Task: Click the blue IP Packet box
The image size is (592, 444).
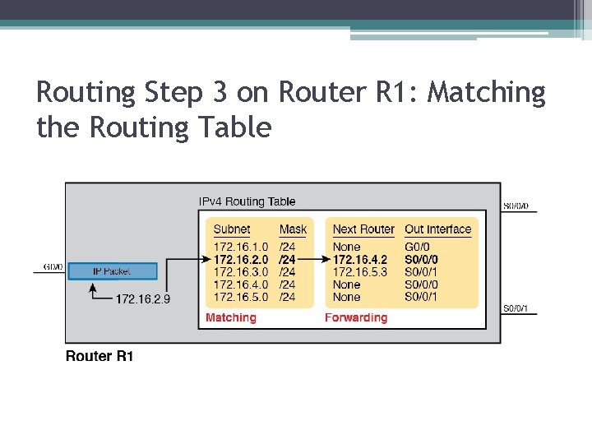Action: [x=111, y=271]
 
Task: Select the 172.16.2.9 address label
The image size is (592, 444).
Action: [x=143, y=298]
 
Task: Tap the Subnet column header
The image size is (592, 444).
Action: [x=232, y=229]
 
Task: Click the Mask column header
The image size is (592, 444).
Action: [x=293, y=229]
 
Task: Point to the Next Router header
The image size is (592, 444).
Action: [x=363, y=229]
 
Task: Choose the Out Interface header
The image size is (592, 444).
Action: [x=438, y=229]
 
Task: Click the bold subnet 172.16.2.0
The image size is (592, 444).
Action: [x=241, y=259]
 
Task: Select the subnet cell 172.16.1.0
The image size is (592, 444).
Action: [x=241, y=247]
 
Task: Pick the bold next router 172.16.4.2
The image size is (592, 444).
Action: [x=360, y=259]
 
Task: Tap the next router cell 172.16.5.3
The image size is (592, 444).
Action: [x=360, y=271]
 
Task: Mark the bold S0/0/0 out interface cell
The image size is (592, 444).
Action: [x=422, y=259]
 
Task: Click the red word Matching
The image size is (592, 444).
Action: [x=231, y=317]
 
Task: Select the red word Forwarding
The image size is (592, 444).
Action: [x=356, y=317]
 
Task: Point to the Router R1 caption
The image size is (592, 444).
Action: [x=99, y=356]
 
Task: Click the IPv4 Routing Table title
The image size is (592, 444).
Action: [x=247, y=201]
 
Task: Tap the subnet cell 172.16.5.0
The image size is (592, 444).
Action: [x=241, y=296]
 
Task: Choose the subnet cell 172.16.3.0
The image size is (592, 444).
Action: [x=241, y=271]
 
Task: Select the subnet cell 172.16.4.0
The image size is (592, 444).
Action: [x=241, y=284]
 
